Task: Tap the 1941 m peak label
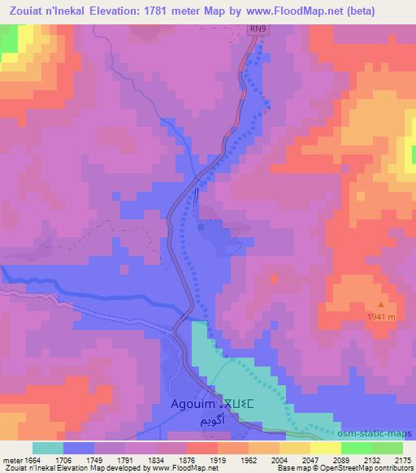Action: coord(379,316)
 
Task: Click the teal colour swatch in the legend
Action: coord(48,448)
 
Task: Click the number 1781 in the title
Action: coord(167,11)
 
